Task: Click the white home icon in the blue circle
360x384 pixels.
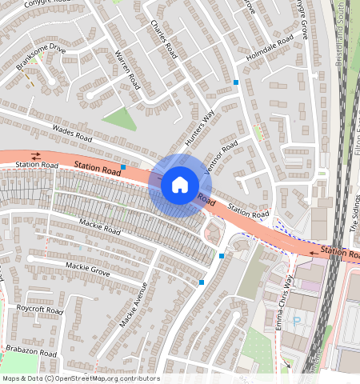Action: (180, 185)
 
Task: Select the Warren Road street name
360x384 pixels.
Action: (128, 70)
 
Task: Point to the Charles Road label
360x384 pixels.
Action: (162, 39)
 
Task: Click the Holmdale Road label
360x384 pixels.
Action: (270, 50)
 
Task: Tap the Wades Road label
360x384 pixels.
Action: (73, 130)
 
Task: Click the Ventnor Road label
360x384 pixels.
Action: (221, 158)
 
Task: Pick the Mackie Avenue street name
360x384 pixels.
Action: (134, 306)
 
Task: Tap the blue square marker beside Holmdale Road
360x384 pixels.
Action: (236, 82)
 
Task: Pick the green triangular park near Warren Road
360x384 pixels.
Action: (120, 118)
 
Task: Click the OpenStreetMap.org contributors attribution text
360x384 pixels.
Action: (107, 378)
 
